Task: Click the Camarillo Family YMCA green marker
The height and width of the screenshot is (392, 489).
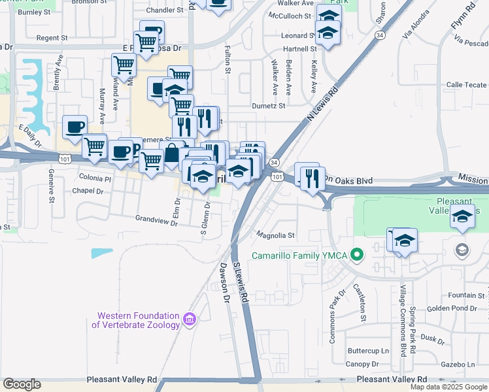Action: click(357, 255)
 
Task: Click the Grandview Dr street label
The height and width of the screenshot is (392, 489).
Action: click(156, 220)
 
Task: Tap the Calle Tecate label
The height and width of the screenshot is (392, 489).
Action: click(466, 85)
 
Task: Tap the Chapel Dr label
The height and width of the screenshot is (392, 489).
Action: click(88, 191)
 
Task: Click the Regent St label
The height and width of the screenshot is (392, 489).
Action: click(52, 39)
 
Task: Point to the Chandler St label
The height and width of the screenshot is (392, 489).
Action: click(163, 10)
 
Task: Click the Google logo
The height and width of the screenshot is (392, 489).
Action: click(22, 384)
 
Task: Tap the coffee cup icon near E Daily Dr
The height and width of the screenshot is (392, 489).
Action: click(75, 126)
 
